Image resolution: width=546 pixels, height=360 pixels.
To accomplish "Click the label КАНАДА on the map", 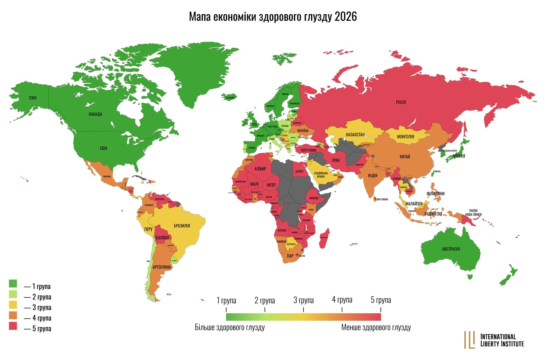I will click(95, 114).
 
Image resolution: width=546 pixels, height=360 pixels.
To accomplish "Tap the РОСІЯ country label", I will click(401, 102).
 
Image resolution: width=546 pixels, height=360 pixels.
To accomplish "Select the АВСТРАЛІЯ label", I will click(451, 249).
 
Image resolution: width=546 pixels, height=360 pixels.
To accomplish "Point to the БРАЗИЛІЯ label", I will click(182, 226).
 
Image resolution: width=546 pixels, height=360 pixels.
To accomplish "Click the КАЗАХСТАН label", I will click(355, 135).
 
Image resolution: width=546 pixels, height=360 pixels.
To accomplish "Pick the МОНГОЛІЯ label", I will click(406, 137).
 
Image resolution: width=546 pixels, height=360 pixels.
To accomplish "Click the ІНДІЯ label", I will click(373, 176).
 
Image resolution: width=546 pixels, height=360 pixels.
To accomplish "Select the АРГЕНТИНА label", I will click(162, 267).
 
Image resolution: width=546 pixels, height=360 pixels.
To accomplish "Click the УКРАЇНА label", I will click(303, 131).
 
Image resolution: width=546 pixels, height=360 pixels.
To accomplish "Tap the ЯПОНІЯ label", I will click(458, 156).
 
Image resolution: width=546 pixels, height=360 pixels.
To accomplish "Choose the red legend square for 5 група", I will click(13, 326).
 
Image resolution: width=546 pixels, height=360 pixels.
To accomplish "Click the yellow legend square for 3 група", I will click(13, 305).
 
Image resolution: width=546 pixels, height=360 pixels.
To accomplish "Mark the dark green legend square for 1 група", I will click(13, 284).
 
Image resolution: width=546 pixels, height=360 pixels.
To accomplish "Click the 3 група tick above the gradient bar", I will click(303, 309).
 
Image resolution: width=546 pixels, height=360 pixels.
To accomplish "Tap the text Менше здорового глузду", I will click(376, 327).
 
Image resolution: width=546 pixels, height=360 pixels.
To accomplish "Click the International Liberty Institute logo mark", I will click(470, 340).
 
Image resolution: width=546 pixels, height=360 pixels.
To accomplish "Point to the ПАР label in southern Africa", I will click(290, 256).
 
